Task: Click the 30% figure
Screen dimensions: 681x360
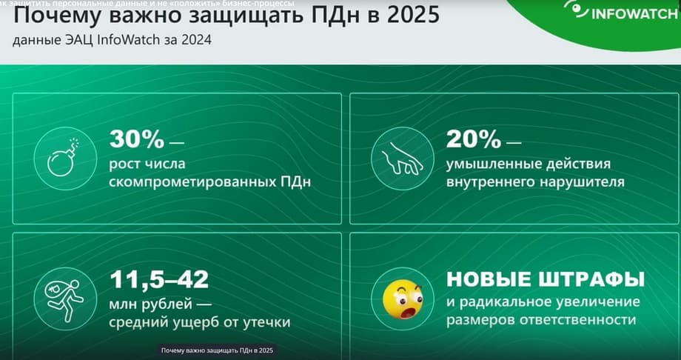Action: tap(137, 139)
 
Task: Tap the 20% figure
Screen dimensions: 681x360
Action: tap(474, 139)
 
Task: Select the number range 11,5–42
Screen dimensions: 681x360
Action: tap(159, 280)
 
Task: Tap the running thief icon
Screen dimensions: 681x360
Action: tap(64, 299)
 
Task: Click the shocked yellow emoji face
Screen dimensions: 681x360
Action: tap(403, 299)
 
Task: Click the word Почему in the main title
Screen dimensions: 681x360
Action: tap(58, 16)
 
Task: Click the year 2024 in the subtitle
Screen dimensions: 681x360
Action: tap(197, 41)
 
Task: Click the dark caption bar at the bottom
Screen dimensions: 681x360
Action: tap(217, 350)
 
